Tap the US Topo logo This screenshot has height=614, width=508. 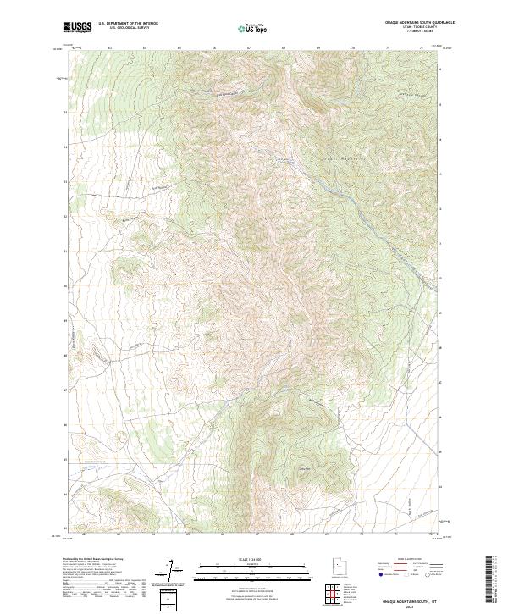pyautogui.click(x=254, y=28)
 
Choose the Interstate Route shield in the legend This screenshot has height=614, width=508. pyautogui.click(x=380, y=574)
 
